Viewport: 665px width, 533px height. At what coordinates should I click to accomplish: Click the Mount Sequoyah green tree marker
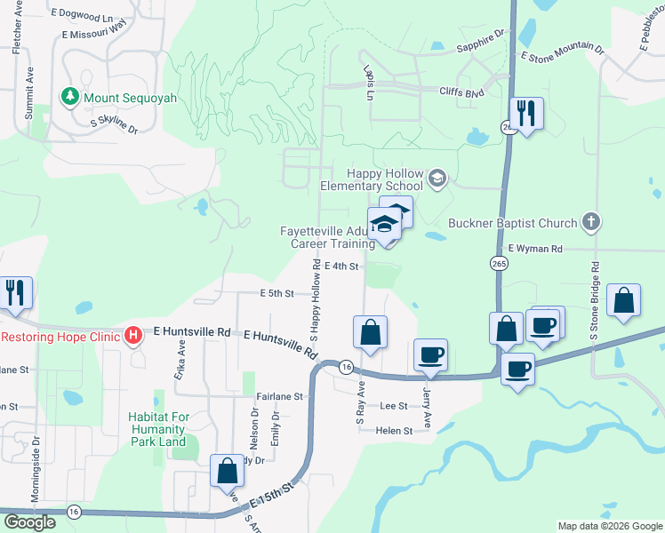68,95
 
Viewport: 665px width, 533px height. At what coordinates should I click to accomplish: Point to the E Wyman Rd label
535,251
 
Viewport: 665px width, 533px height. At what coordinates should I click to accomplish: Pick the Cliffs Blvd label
461,91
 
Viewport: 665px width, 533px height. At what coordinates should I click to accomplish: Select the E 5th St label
276,293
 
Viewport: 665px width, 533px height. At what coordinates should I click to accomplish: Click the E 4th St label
341,266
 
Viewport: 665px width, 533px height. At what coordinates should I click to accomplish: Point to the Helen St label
395,431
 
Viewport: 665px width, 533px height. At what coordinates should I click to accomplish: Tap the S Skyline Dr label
115,125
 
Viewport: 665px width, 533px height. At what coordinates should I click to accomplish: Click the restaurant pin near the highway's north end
526,114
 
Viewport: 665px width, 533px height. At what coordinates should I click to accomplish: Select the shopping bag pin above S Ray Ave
370,332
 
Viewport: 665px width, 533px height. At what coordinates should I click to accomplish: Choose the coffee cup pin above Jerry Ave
431,355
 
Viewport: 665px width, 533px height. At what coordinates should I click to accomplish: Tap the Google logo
29,522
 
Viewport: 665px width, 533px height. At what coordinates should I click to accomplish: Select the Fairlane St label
279,396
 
